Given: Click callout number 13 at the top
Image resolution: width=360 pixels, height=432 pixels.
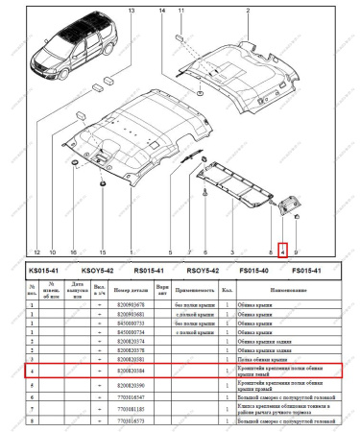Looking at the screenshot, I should point(132,8).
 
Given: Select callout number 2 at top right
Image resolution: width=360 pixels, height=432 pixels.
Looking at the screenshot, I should point(248,8).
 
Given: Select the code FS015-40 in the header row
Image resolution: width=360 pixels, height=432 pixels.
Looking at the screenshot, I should point(252,272).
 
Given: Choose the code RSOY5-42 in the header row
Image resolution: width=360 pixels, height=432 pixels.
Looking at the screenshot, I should point(203,272).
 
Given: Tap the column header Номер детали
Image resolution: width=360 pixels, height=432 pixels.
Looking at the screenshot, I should point(130,289).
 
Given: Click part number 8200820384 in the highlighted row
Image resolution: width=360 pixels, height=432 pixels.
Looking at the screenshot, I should point(130,369).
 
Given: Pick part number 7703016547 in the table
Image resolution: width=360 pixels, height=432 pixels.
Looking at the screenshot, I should point(130,396).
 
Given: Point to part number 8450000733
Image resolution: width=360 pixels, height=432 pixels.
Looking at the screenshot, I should point(130,323).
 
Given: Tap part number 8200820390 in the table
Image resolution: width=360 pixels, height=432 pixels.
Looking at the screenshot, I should point(130,384).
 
